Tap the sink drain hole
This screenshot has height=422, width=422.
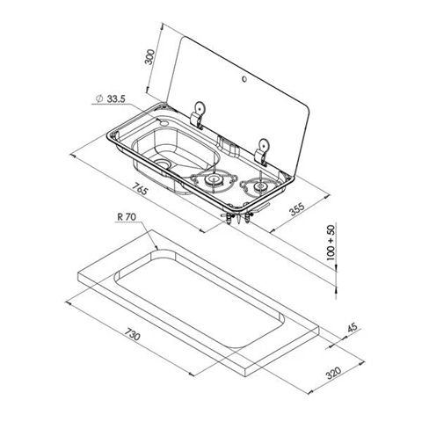tap(166, 164)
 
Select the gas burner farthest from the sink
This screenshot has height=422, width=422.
tap(260, 186)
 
